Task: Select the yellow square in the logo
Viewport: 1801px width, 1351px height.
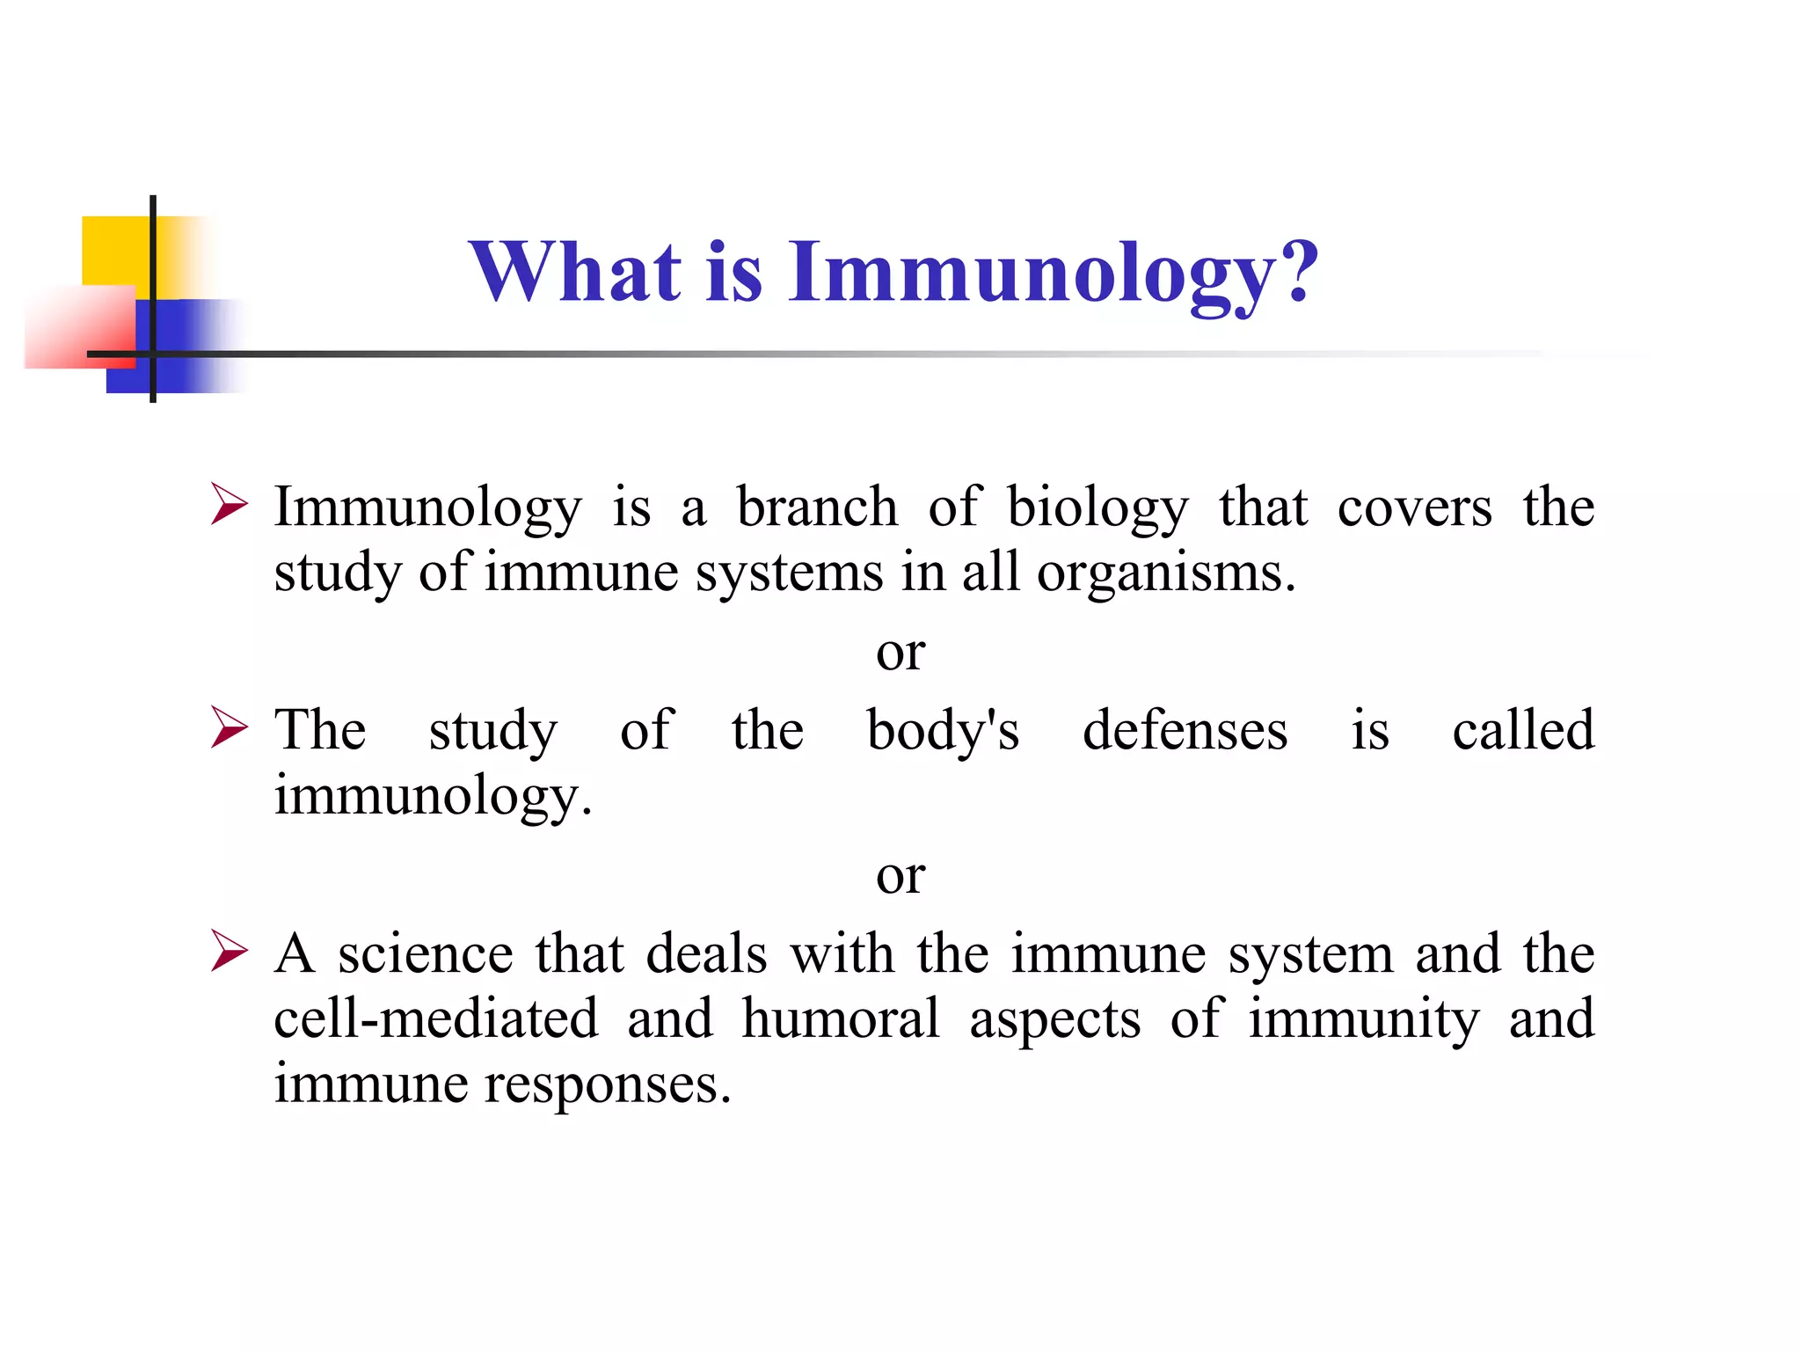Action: pos(114,250)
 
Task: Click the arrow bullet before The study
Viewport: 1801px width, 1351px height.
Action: pos(229,729)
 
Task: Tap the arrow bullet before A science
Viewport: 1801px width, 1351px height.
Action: pos(229,953)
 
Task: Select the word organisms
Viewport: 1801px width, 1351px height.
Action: pos(1166,574)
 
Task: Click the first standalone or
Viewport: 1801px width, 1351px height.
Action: pos(900,654)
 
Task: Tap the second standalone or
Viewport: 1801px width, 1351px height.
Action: pos(900,877)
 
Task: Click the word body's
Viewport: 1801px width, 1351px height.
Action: pos(943,731)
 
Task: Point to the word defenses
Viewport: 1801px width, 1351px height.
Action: pos(1185,731)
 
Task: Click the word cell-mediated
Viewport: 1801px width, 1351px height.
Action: pos(436,1019)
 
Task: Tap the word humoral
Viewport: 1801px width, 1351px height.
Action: pos(841,1019)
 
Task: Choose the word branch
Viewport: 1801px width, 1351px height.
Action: pos(817,508)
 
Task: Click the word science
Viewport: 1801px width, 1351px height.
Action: pos(426,954)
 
